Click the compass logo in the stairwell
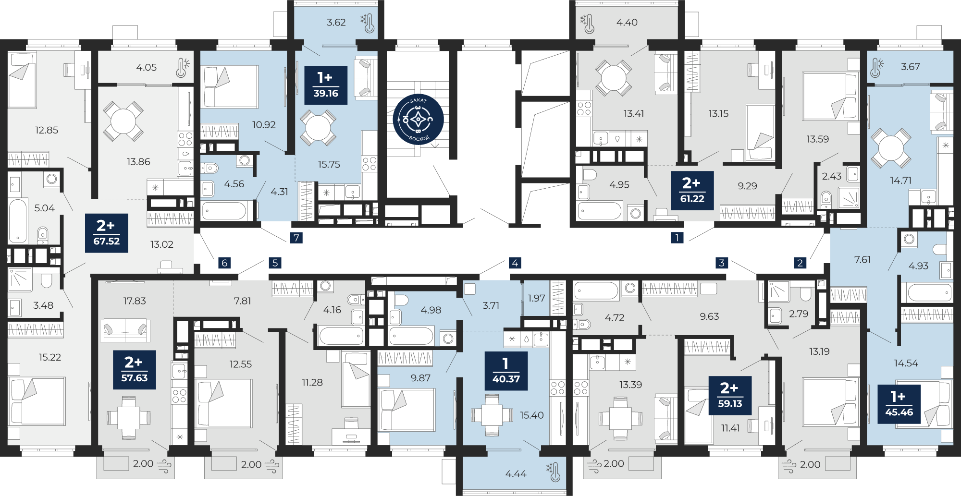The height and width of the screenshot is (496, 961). [x=418, y=119]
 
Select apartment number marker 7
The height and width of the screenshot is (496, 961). [x=296, y=238]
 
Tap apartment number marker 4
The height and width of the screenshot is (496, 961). [x=515, y=263]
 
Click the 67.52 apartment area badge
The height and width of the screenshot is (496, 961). [x=107, y=233]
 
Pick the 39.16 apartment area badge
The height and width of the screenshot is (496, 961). [x=326, y=85]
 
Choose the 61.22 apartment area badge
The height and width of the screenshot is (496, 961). [x=692, y=190]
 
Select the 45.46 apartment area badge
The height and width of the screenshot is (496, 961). [x=899, y=404]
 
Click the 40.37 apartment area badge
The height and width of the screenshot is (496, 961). [x=506, y=371]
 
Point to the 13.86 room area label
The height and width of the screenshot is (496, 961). [x=138, y=162]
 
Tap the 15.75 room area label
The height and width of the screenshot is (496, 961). [x=329, y=164]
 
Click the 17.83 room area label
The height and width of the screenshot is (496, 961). [x=135, y=301]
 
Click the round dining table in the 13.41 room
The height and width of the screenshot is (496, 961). [x=614, y=78]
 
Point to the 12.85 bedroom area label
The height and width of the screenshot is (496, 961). [x=47, y=130]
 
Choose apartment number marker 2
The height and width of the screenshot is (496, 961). [x=800, y=263]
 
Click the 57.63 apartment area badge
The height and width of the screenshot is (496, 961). [x=135, y=370]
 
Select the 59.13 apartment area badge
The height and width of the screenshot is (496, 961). [x=730, y=396]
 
